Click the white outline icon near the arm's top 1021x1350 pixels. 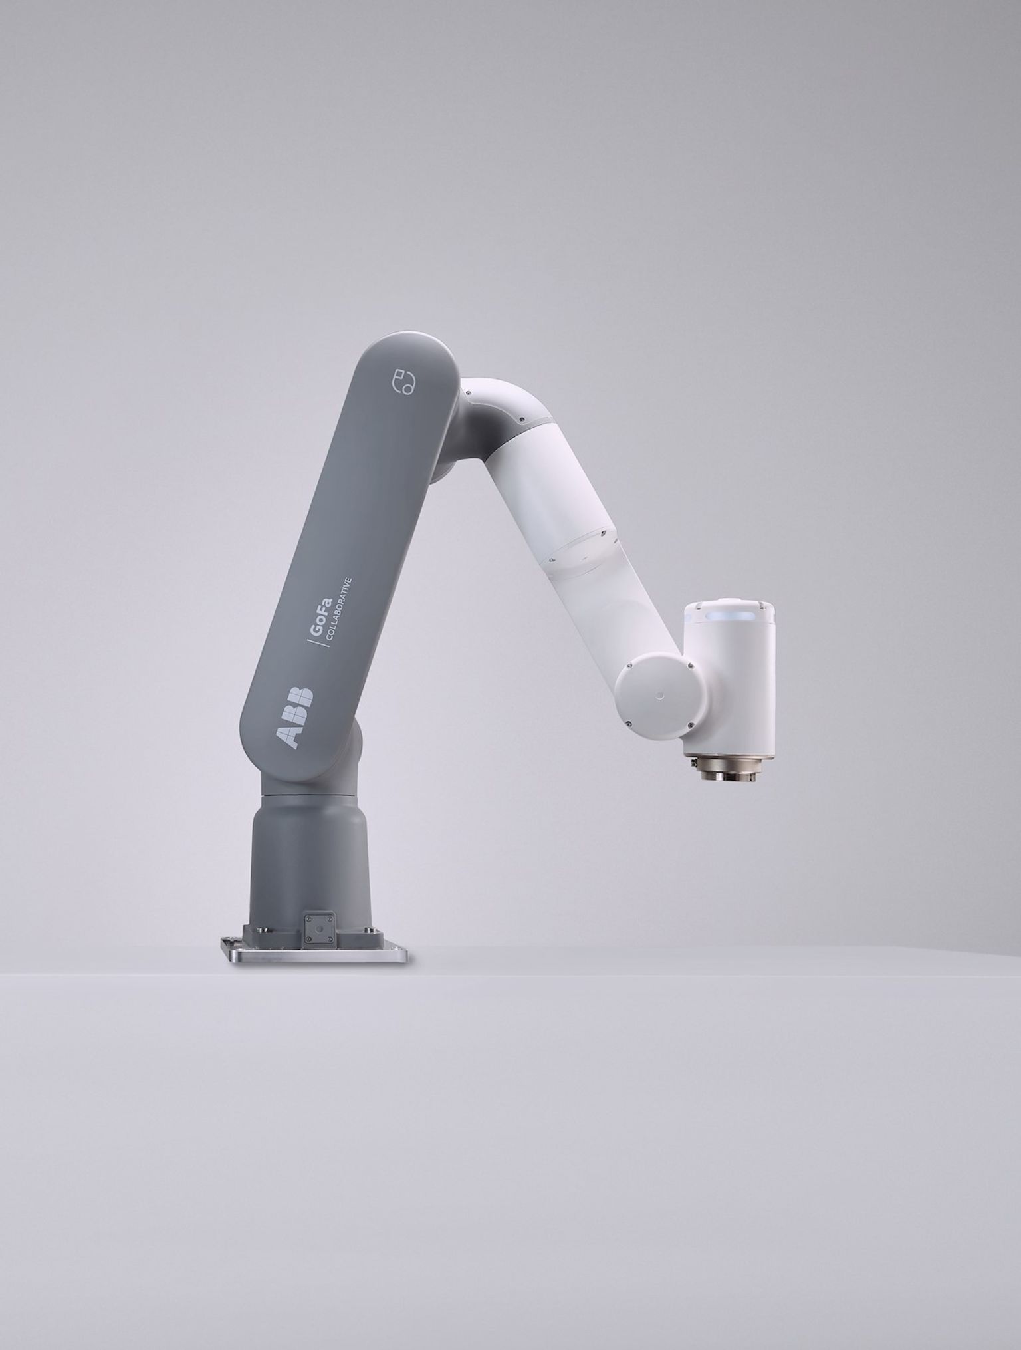pos(403,382)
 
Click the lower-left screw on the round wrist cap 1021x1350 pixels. pos(627,723)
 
